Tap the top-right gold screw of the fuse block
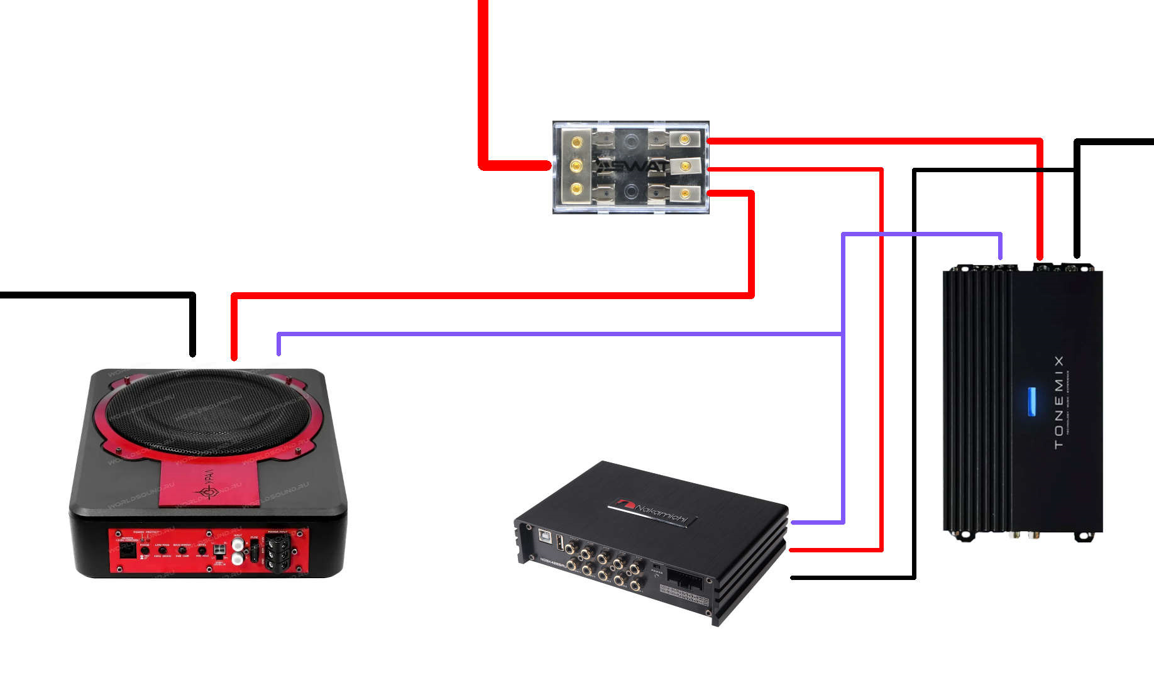click(x=685, y=139)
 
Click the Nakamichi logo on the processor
click(x=653, y=512)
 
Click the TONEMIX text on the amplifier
click(x=1059, y=402)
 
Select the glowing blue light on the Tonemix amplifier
click(x=1031, y=402)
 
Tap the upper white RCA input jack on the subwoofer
click(x=238, y=544)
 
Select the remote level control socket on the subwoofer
click(x=128, y=550)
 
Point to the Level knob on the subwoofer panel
click(x=202, y=550)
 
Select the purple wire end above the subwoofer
click(x=279, y=349)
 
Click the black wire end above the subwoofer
click(x=193, y=349)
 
